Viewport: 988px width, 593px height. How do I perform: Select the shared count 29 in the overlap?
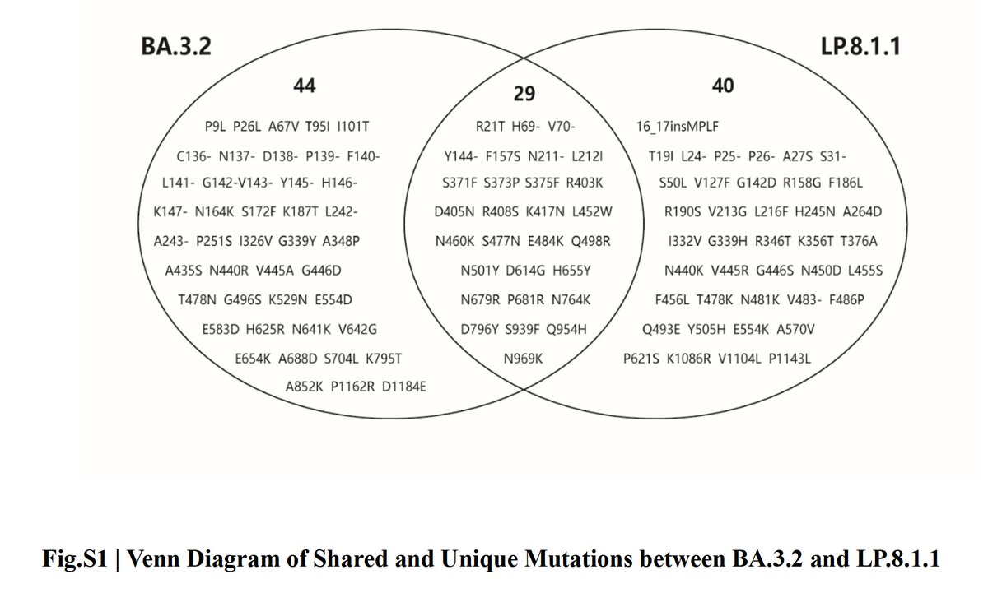click(524, 94)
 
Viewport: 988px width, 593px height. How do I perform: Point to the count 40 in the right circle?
click(723, 86)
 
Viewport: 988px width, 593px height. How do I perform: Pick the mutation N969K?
click(524, 359)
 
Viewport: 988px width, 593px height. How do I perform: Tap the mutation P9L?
click(216, 127)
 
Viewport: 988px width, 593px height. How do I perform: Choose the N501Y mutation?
click(478, 270)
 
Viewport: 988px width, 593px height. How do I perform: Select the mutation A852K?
click(304, 386)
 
